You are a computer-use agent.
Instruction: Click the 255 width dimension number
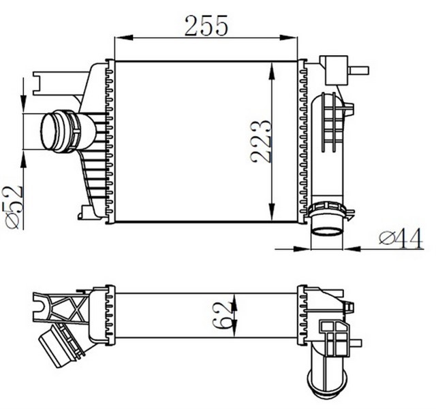(x=206, y=26)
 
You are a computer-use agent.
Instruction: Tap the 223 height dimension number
(x=260, y=141)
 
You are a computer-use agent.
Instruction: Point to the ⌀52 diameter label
(x=12, y=208)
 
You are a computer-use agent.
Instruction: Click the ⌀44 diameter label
(x=401, y=238)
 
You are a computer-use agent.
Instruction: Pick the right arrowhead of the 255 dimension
(x=288, y=37)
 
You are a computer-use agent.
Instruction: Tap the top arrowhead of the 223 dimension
(x=272, y=71)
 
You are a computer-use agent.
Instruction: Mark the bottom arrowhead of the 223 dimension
(x=272, y=212)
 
